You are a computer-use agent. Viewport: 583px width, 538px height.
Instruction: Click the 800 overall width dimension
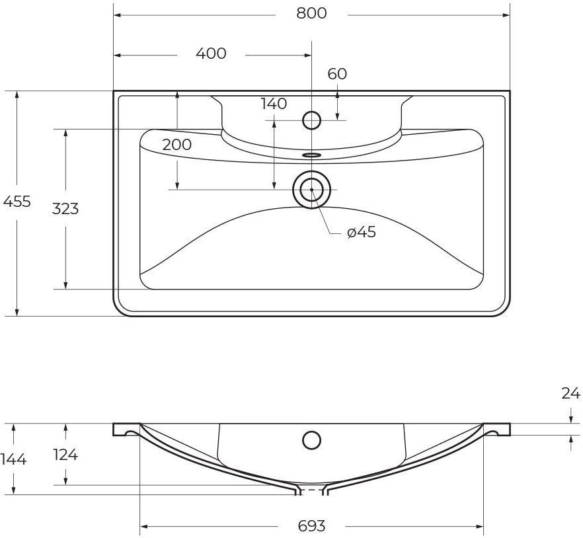[311, 13]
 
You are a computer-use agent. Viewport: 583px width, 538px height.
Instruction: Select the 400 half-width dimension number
[211, 54]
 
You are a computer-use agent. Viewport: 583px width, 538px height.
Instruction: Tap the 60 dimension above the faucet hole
[337, 74]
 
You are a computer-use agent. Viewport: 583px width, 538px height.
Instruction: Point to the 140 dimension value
[274, 104]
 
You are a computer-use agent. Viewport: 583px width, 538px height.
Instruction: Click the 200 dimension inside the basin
[177, 144]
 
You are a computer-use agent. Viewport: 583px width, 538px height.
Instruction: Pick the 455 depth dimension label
[17, 202]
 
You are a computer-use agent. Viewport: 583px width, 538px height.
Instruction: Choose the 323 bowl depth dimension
[65, 209]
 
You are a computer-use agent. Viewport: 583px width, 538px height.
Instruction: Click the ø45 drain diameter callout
[362, 233]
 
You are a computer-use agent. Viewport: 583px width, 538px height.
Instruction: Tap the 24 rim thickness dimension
[570, 393]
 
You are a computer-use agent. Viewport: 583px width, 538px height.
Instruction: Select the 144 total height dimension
[13, 459]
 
